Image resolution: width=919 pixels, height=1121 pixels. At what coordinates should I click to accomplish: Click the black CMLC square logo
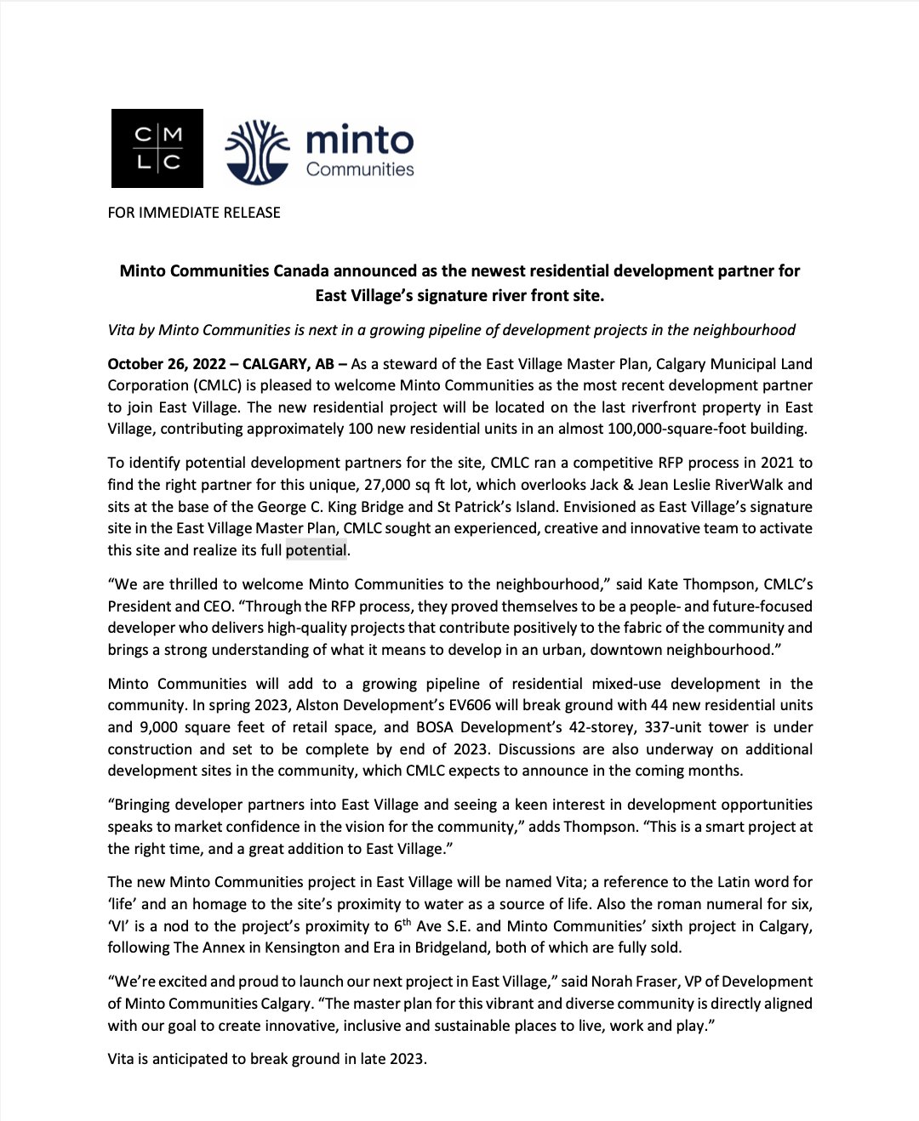157,148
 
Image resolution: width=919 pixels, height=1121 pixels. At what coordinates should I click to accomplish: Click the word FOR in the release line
121,213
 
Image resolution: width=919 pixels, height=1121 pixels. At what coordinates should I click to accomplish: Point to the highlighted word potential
317,550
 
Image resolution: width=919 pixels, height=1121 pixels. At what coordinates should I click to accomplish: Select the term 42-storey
482,727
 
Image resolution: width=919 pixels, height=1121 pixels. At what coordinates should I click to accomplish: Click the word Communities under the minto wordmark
360,169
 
